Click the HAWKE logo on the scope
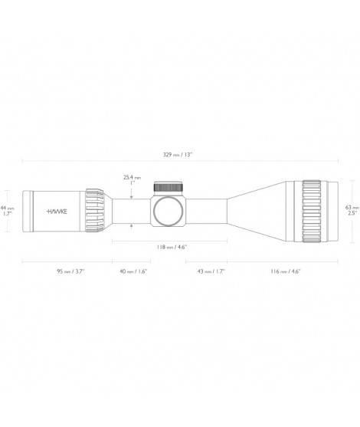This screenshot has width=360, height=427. coord(57,212)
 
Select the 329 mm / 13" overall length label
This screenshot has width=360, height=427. coord(178,155)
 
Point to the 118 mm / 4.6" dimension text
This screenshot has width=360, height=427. coord(172,248)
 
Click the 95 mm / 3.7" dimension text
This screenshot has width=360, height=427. coord(70,271)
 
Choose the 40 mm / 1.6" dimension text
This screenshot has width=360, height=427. coord(133,271)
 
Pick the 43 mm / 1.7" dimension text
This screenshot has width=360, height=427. coord(211,271)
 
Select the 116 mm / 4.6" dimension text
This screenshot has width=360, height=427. coord(286,271)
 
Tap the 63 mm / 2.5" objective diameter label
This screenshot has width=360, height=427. coord(352,210)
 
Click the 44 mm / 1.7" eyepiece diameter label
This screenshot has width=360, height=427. coord(7,211)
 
